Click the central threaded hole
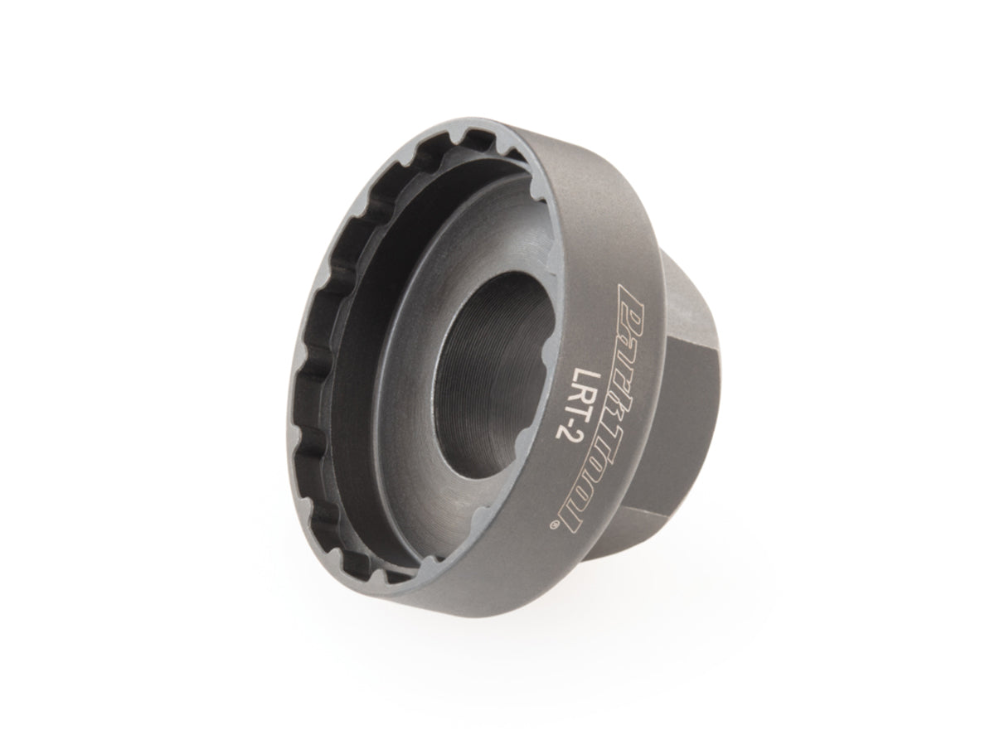494,375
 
